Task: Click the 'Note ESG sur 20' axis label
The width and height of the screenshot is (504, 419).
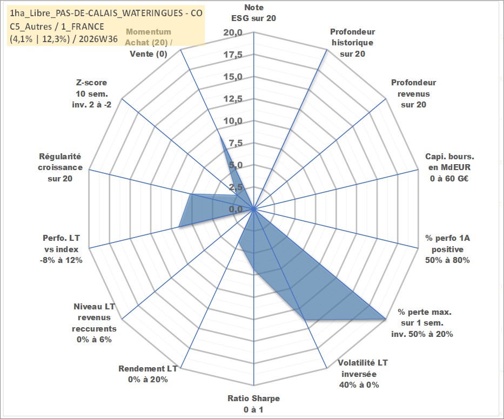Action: tap(253, 13)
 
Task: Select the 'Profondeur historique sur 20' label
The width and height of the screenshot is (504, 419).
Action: tap(352, 43)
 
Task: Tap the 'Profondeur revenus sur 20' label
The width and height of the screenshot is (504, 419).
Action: tap(413, 93)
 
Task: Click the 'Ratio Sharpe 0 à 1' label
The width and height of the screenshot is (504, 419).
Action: tap(253, 404)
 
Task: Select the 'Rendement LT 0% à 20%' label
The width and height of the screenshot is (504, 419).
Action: tap(148, 374)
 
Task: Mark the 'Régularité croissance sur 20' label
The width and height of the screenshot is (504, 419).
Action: tap(60, 167)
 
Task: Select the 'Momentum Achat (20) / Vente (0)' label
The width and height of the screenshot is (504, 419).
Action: tap(149, 43)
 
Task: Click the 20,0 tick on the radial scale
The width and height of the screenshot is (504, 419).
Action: tap(233, 33)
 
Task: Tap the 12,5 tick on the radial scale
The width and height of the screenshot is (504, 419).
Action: tap(233, 99)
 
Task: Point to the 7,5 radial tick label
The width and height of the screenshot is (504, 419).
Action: tap(236, 143)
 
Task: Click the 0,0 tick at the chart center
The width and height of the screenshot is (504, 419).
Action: tap(236, 209)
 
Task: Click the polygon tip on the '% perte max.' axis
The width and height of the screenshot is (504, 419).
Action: tap(385, 319)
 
